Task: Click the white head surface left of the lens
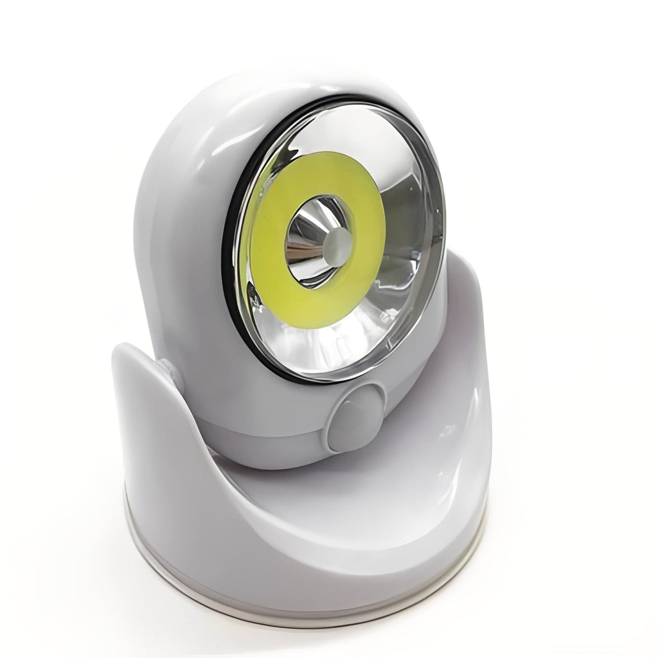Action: [180, 257]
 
